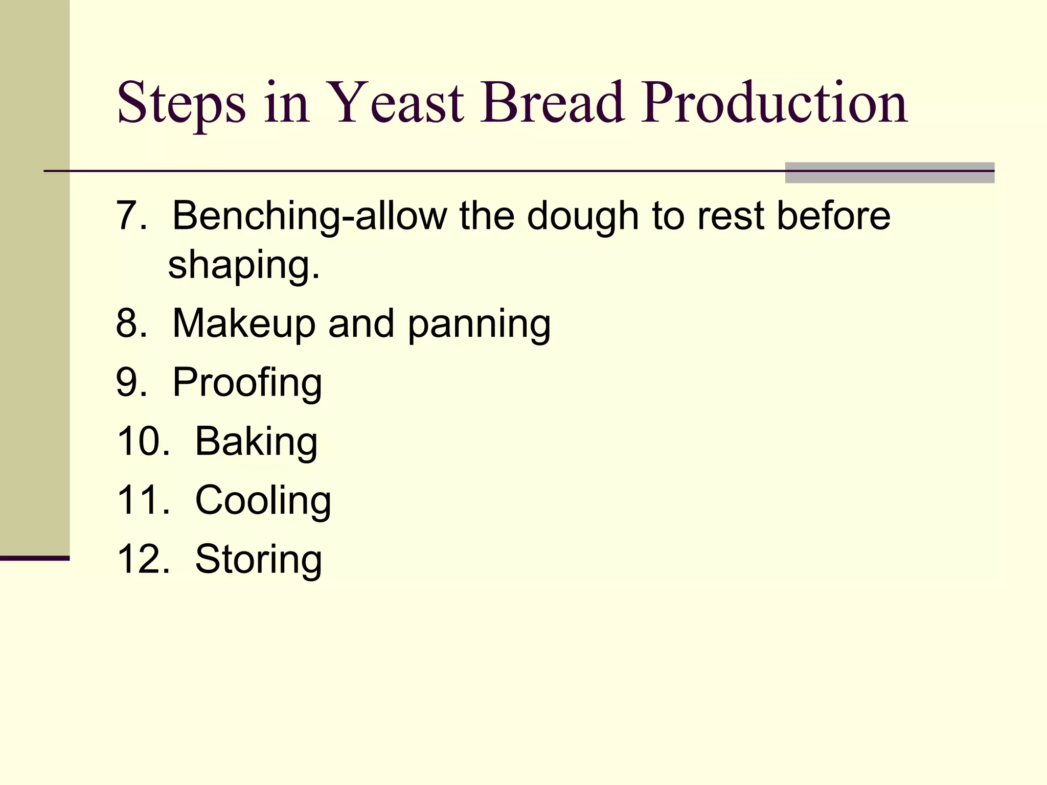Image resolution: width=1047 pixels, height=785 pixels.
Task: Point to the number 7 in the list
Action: pos(126,216)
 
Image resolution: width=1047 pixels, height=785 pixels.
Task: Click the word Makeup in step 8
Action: pos(243,324)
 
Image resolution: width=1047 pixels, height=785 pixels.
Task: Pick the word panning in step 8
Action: pos(479,325)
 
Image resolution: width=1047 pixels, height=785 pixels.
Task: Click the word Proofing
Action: pos(247,383)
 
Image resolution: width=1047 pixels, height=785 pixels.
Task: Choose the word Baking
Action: pos(256,442)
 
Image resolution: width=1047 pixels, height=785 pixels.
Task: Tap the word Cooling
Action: pos(263,501)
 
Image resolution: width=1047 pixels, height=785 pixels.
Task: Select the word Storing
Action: pos(258,560)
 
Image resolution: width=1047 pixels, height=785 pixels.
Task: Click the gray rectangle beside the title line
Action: pos(890,173)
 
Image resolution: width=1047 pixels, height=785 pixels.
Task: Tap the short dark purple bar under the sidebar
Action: pos(34,558)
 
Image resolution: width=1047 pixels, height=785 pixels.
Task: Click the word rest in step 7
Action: pos(731,216)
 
